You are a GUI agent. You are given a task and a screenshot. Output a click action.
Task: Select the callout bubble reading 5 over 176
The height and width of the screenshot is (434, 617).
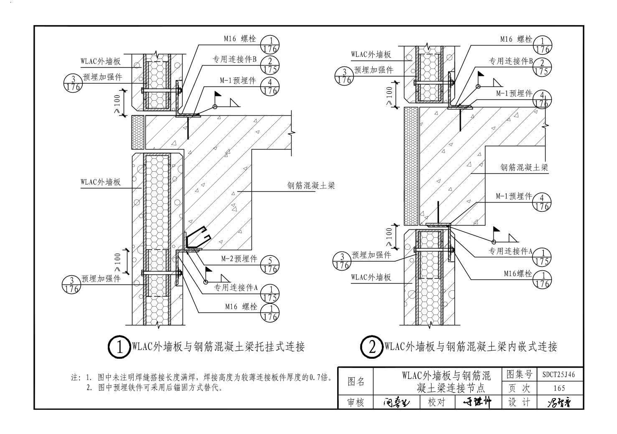coord(270,264)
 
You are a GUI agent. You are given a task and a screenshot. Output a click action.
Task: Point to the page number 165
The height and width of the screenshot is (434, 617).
coord(559,388)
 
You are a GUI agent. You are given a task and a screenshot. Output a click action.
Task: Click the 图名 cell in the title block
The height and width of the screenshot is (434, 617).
coord(356,381)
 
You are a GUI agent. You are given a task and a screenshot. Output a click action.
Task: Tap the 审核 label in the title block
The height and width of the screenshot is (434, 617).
coord(356,402)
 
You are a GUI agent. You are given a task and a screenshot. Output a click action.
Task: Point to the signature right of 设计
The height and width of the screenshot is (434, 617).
coord(559,403)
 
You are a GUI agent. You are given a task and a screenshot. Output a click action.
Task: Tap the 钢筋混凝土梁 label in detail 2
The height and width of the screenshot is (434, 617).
coord(524,168)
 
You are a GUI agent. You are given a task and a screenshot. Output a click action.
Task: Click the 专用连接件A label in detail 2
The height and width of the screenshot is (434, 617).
coord(510,251)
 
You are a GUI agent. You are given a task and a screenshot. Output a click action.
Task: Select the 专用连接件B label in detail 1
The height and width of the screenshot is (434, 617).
coord(234,59)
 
